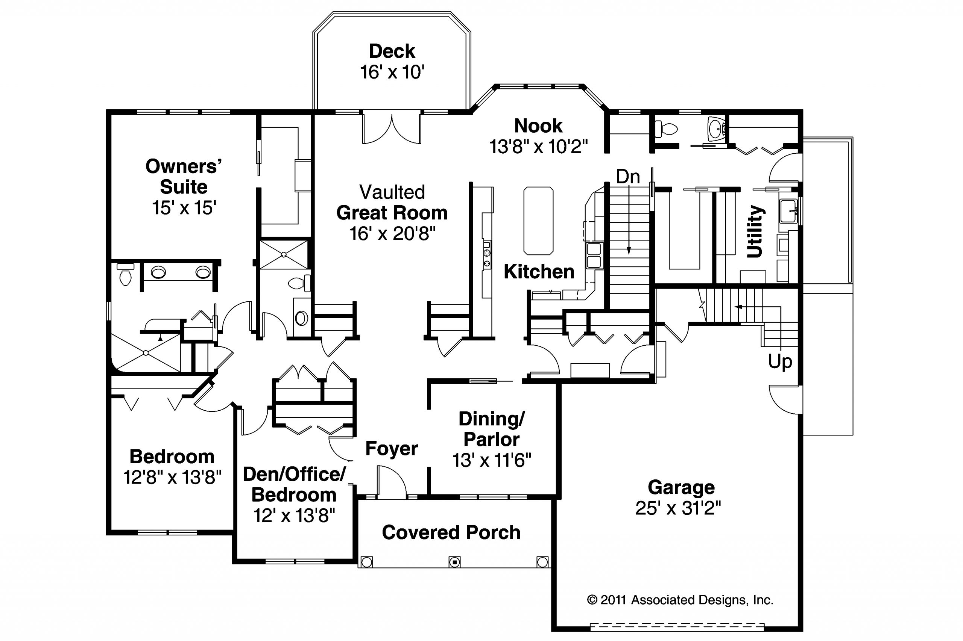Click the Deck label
point(392,51)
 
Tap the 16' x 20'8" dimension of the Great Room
point(392,234)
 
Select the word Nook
point(538,126)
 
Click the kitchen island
point(538,221)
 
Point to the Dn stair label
point(628,177)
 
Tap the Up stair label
point(780,362)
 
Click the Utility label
point(755,231)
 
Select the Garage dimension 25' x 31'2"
point(678,508)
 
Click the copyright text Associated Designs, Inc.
point(702,600)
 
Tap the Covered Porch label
point(451,532)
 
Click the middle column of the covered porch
point(454,562)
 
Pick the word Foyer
point(392,449)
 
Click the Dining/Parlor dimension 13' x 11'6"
point(492,461)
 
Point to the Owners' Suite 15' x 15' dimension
point(184,208)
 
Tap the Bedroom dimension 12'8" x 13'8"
point(172,477)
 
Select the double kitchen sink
point(594,255)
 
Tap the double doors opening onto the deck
point(392,128)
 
